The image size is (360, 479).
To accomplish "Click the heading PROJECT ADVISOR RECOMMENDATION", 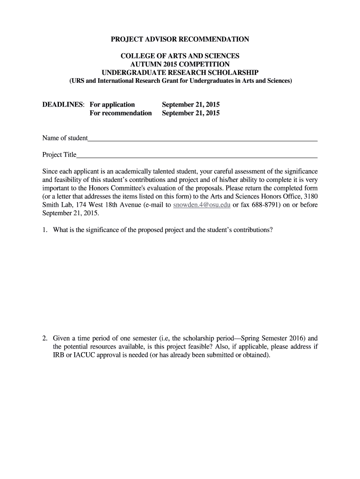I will pyautogui.click(x=180, y=39).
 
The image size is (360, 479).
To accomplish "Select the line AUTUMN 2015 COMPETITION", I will pyautogui.click(x=180, y=64).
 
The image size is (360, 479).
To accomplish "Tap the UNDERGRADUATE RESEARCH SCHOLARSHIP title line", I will pyautogui.click(x=180, y=73).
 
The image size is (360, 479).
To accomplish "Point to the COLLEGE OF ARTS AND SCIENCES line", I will pyautogui.click(x=180, y=56).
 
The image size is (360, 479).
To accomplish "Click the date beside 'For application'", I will pyautogui.click(x=191, y=104).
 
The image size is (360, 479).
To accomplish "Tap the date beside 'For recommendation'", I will pyautogui.click(x=191, y=113).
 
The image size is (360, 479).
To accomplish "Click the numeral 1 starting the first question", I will pyautogui.click(x=44, y=230).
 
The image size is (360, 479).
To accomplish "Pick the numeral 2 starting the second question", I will pyautogui.click(x=44, y=338).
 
